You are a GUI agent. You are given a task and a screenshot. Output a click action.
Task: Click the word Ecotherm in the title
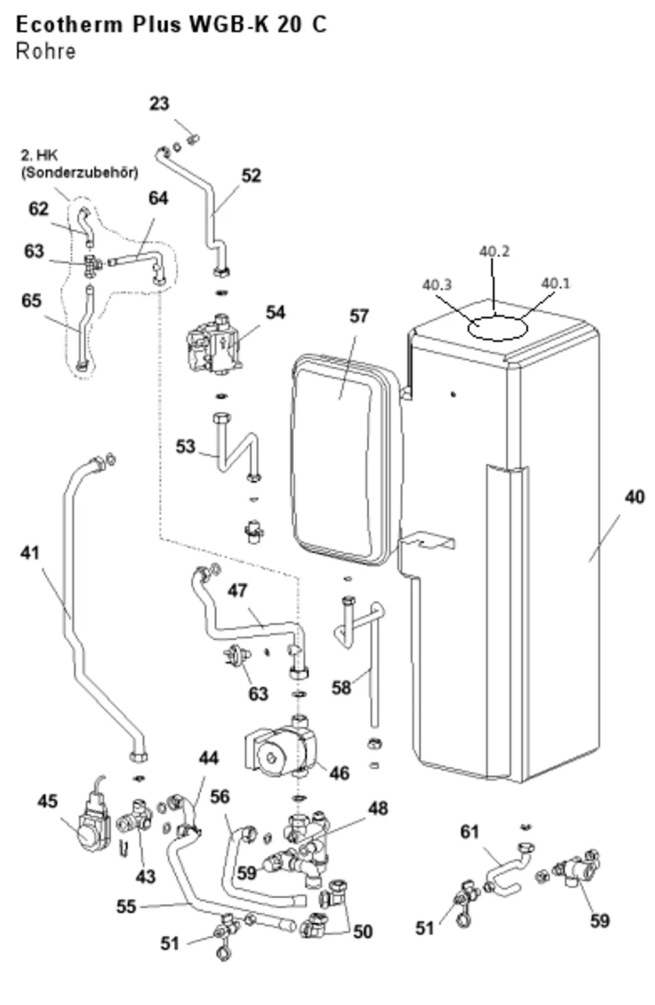pyautogui.click(x=69, y=24)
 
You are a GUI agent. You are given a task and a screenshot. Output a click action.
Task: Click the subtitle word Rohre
pyautogui.click(x=46, y=51)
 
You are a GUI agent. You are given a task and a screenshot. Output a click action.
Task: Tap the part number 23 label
pyautogui.click(x=159, y=103)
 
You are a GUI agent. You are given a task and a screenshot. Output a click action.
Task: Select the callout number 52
pyautogui.click(x=252, y=175)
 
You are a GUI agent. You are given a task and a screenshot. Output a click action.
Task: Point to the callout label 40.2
pyautogui.click(x=495, y=251)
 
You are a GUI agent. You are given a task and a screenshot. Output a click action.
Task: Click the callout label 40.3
pyautogui.click(x=437, y=284)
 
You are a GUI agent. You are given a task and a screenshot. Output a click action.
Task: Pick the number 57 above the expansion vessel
pyautogui.click(x=359, y=316)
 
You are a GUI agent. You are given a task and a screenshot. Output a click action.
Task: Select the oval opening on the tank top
pyautogui.click(x=497, y=327)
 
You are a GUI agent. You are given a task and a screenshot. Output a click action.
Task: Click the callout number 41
pyautogui.click(x=30, y=553)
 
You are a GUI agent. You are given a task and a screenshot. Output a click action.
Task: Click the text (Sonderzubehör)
pyautogui.click(x=80, y=173)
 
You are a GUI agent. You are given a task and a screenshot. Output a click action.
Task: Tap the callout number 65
pyautogui.click(x=31, y=301)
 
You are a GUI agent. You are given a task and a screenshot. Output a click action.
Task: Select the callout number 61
pyautogui.click(x=470, y=831)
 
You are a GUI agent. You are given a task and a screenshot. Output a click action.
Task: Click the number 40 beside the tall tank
pyautogui.click(x=635, y=497)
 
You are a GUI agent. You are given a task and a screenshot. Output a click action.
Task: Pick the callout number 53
pyautogui.click(x=185, y=447)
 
